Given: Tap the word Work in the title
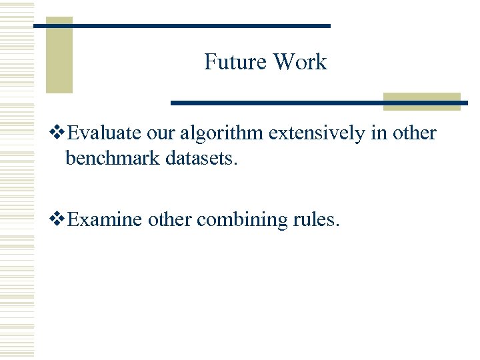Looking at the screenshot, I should [300, 62].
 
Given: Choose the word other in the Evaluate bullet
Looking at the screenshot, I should [414, 133].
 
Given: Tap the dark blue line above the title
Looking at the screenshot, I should [200, 26].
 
